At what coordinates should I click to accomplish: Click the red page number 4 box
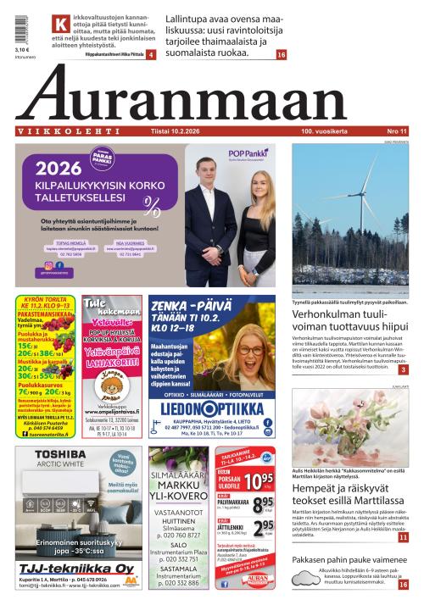pos(150,54)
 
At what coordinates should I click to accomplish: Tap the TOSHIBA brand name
pos(61,454)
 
